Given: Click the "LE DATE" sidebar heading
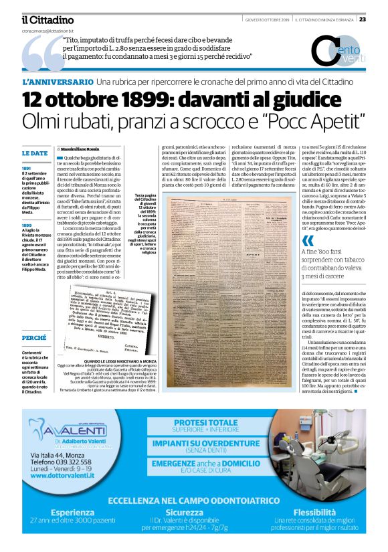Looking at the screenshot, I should pyautogui.click(x=34, y=153).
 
